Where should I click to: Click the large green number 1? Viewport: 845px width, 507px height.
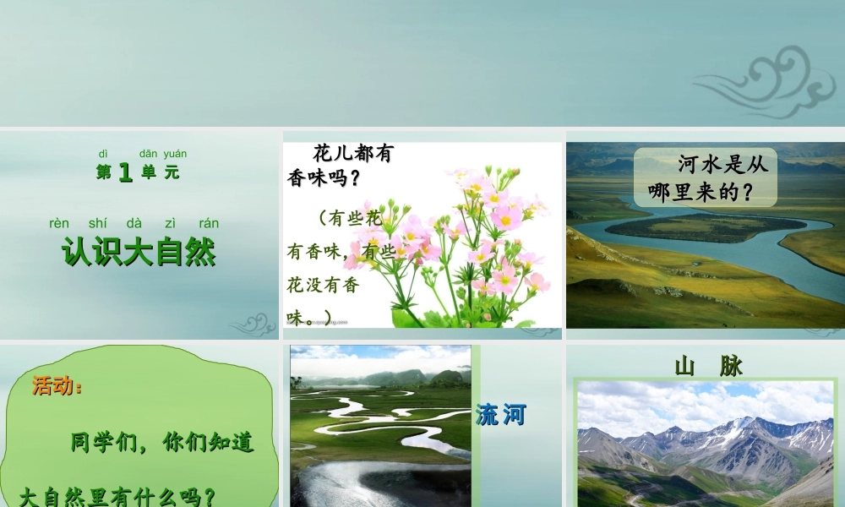(125, 173)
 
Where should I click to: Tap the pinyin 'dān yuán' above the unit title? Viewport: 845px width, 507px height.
(163, 154)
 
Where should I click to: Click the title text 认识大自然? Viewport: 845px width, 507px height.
(139, 252)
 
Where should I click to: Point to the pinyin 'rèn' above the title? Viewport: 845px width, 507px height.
(59, 224)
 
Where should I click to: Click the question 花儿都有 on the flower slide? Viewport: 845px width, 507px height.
(353, 154)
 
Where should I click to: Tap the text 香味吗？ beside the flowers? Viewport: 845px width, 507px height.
(324, 178)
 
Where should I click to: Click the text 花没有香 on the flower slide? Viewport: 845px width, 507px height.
(324, 285)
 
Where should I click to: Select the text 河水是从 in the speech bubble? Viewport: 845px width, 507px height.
(722, 164)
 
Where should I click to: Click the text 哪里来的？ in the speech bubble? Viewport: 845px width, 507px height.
(701, 193)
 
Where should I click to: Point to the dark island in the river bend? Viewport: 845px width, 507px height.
(701, 226)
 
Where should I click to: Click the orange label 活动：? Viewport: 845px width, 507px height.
(57, 387)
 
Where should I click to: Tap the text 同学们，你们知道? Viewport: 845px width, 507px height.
(161, 442)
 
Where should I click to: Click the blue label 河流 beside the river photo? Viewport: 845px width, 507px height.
(501, 415)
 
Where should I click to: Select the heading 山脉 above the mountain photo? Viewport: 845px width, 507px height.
(708, 366)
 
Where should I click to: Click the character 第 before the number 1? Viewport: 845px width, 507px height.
(103, 173)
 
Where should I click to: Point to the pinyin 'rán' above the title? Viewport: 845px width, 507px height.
(209, 224)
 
